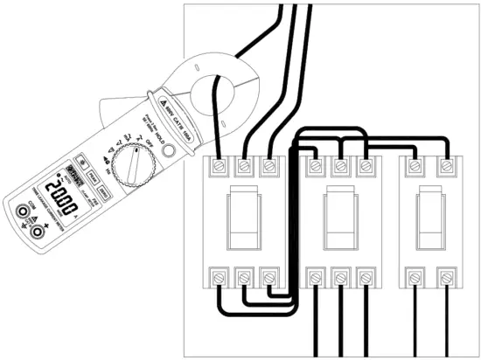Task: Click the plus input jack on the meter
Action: point(38,232)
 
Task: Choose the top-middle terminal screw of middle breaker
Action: point(338,164)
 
